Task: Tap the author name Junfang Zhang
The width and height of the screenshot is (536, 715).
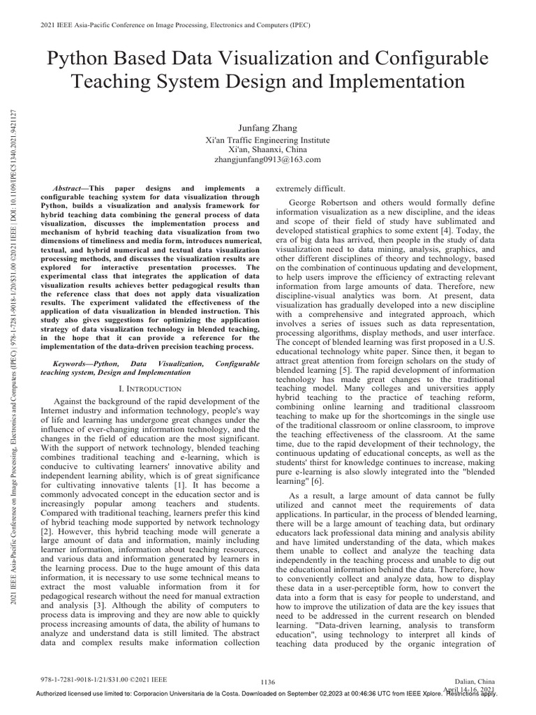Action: pos(269,128)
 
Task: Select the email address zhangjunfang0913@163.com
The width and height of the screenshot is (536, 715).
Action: pos(269,159)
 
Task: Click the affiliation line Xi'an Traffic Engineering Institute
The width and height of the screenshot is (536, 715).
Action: pos(269,139)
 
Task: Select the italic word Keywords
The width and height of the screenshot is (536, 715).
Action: pos(72,364)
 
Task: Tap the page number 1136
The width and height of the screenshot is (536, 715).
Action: pos(268,681)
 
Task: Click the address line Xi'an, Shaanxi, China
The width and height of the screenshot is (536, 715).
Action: pos(269,149)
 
